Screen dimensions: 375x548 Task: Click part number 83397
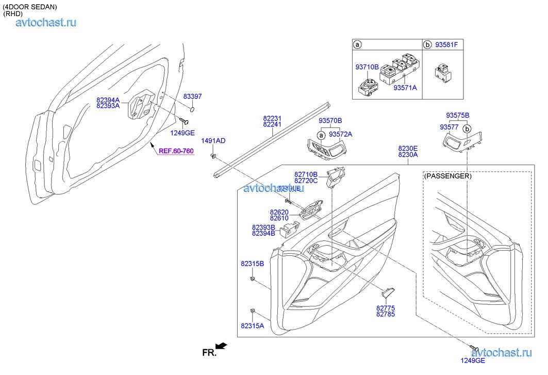192,96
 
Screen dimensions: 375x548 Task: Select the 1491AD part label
213,141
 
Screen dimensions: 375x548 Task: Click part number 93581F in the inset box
446,45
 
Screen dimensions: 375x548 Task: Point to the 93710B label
367,67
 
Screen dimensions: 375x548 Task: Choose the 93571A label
405,88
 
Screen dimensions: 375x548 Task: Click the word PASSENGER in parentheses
447,176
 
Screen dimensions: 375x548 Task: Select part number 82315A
252,325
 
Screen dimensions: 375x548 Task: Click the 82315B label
252,264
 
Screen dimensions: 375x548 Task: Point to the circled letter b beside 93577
467,128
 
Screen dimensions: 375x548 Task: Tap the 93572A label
340,134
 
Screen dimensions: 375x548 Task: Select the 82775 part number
386,308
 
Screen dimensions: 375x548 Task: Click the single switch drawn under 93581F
442,70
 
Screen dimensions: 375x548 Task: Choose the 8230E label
408,148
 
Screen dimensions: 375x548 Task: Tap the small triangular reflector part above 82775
388,292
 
